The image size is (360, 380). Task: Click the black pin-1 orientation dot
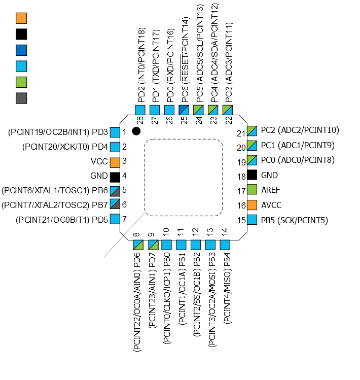136,131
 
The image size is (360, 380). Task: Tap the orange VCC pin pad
115,163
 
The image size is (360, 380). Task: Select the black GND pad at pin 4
115,177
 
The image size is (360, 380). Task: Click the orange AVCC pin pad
252,205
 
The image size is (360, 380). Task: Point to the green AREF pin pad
252,190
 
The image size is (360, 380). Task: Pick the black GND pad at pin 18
252,175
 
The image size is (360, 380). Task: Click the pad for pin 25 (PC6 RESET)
184,110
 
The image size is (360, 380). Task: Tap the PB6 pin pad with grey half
115,191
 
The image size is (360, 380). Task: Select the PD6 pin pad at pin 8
138,245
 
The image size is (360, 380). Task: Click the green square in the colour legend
21,82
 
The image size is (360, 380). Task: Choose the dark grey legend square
21,98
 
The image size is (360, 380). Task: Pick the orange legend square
21,18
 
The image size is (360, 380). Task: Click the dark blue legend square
21,50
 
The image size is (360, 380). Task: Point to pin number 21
241,133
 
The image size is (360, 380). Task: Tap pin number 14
225,232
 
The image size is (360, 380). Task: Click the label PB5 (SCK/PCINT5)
295,220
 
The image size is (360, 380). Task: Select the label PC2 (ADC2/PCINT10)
300,130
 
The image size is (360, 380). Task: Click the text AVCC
272,205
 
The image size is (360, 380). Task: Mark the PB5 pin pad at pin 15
252,220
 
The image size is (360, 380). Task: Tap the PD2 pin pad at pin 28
140,110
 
